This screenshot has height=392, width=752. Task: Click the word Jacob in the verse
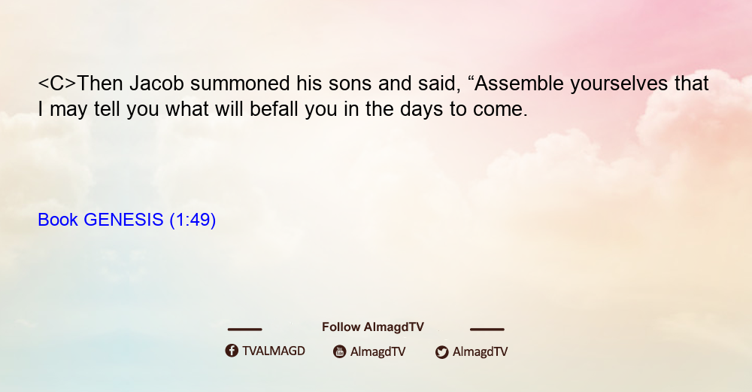[x=157, y=84]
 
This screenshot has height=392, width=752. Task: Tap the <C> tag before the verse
[x=57, y=84]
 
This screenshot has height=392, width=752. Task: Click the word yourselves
[x=619, y=84]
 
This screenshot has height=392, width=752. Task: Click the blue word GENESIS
[x=123, y=220]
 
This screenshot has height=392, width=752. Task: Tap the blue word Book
[x=58, y=220]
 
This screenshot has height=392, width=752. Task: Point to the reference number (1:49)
[x=193, y=220]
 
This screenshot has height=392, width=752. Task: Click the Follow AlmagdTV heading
[x=373, y=327]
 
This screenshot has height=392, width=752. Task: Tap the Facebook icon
[x=232, y=351]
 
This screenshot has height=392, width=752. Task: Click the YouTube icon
[x=340, y=351]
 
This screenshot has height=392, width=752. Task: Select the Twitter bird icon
[x=441, y=352]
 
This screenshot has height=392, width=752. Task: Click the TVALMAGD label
[x=274, y=351]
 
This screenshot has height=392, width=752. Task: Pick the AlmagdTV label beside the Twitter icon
[x=480, y=351]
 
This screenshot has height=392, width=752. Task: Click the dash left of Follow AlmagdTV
[x=244, y=329]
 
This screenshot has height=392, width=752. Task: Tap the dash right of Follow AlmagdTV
[x=487, y=329]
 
